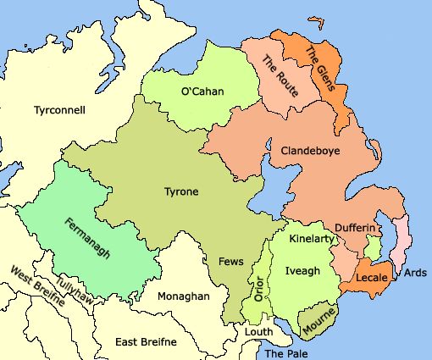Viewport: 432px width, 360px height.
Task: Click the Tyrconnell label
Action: click(59, 110)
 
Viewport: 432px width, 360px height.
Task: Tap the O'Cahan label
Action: click(202, 91)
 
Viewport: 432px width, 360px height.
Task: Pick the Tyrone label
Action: click(180, 192)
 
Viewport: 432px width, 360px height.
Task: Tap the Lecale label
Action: click(372, 278)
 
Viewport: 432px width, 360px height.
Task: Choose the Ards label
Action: click(415, 272)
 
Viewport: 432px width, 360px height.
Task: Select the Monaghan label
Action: click(183, 296)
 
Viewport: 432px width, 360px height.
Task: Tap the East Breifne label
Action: click(146, 341)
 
